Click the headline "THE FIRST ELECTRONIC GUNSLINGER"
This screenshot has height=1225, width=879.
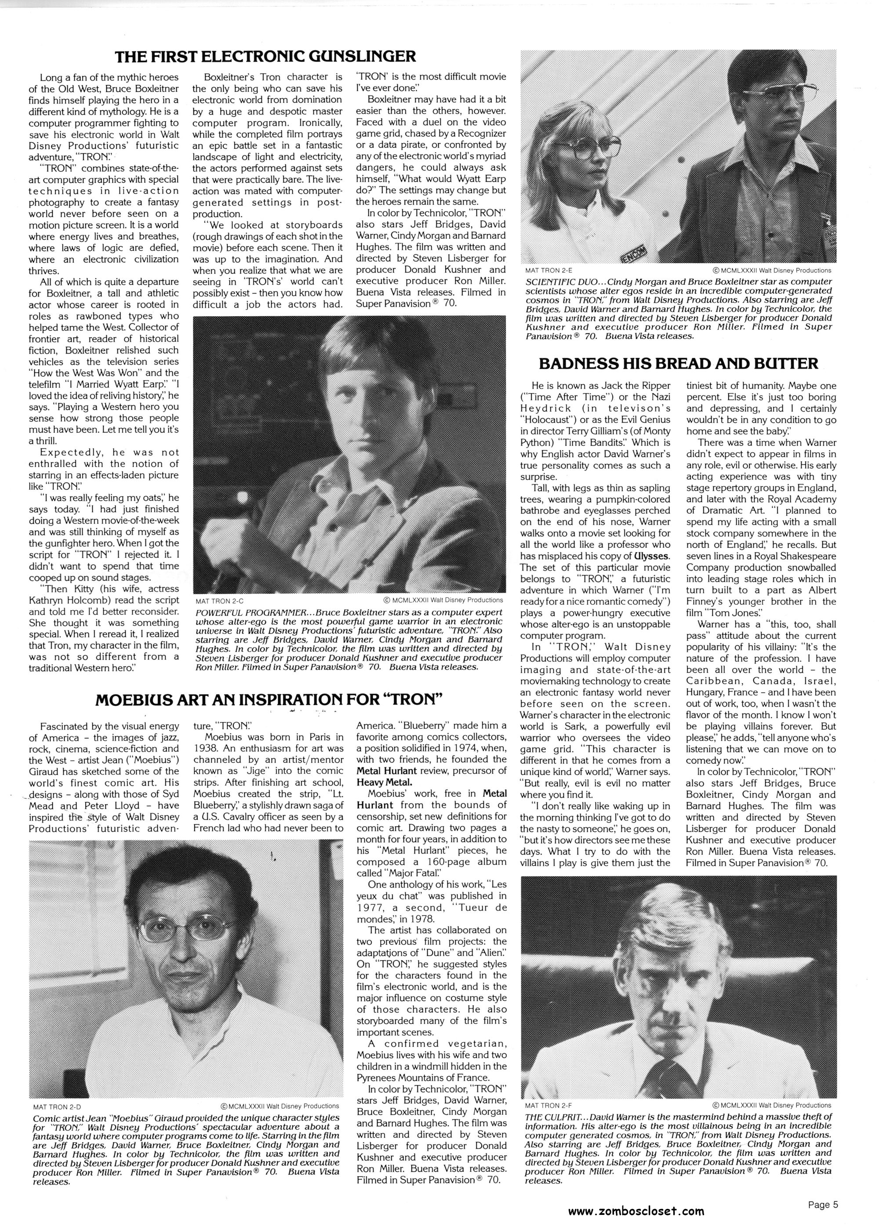point(266,56)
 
